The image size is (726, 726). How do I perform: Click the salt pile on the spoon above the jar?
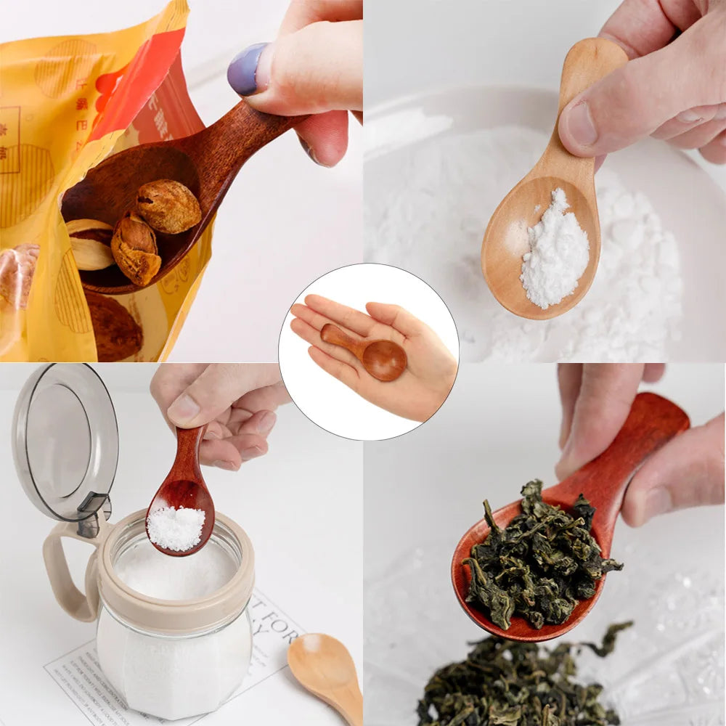[176, 528]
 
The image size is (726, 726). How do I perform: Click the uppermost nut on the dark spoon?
[169, 206]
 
